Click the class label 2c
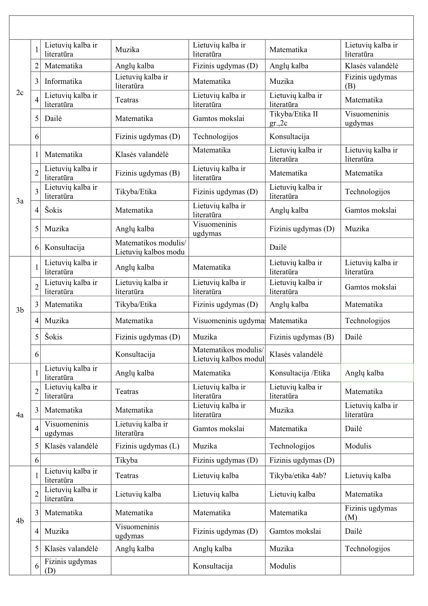click(20, 92)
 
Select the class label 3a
click(20, 201)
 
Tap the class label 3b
click(20, 310)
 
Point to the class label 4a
click(20, 415)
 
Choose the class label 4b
click(20, 520)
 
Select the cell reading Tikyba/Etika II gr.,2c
click(294, 118)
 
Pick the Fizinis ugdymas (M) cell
click(371, 512)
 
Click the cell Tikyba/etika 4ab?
click(298, 475)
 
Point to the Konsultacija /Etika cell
click(300, 373)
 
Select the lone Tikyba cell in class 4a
click(126, 460)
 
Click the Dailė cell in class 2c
click(53, 118)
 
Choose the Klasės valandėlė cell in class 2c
click(371, 66)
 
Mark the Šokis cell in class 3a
click(53, 210)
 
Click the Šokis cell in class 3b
click(53, 337)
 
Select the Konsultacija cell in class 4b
click(212, 566)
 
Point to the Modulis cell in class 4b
click(282, 566)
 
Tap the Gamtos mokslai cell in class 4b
click(295, 531)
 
